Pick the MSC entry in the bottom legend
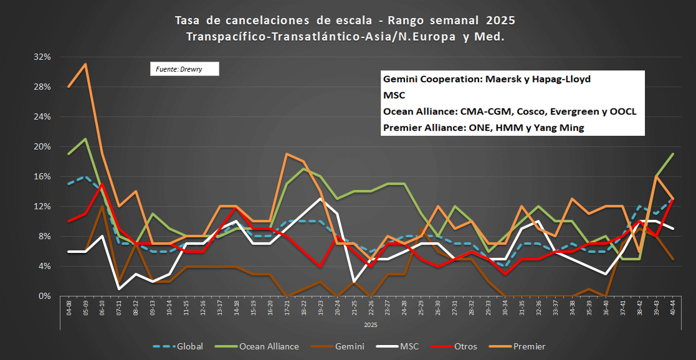424,346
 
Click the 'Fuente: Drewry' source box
184,69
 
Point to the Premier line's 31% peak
85,64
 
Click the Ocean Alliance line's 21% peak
85,139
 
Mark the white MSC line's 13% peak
320,199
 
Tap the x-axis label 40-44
674,308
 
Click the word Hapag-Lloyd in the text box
560,80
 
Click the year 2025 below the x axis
371,324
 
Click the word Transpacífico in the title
227,37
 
